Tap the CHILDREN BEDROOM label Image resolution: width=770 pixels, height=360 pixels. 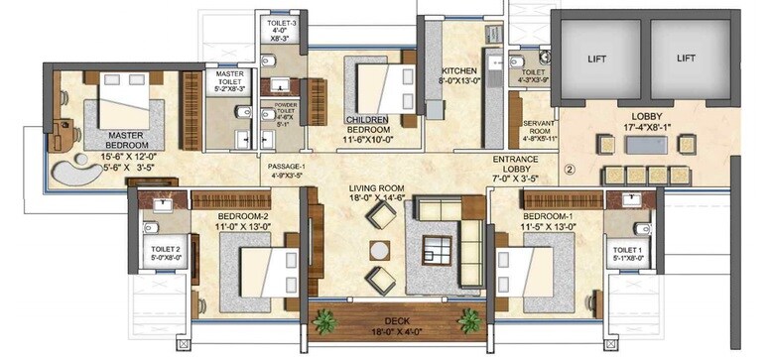point(368,124)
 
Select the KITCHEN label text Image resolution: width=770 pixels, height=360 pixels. point(459,70)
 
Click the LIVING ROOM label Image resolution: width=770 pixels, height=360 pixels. point(376,188)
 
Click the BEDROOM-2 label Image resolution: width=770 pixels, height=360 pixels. point(236,215)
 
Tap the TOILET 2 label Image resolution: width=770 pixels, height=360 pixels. point(165,249)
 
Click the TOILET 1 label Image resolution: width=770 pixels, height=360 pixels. point(628,249)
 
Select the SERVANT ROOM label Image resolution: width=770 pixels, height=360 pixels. point(538,128)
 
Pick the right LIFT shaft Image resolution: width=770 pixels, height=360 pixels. point(687,59)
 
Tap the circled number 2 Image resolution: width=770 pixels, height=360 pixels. point(570,168)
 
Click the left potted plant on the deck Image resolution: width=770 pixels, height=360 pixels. point(323,320)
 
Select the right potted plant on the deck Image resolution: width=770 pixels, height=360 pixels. point(468,319)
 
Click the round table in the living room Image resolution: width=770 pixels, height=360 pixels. point(378,248)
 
